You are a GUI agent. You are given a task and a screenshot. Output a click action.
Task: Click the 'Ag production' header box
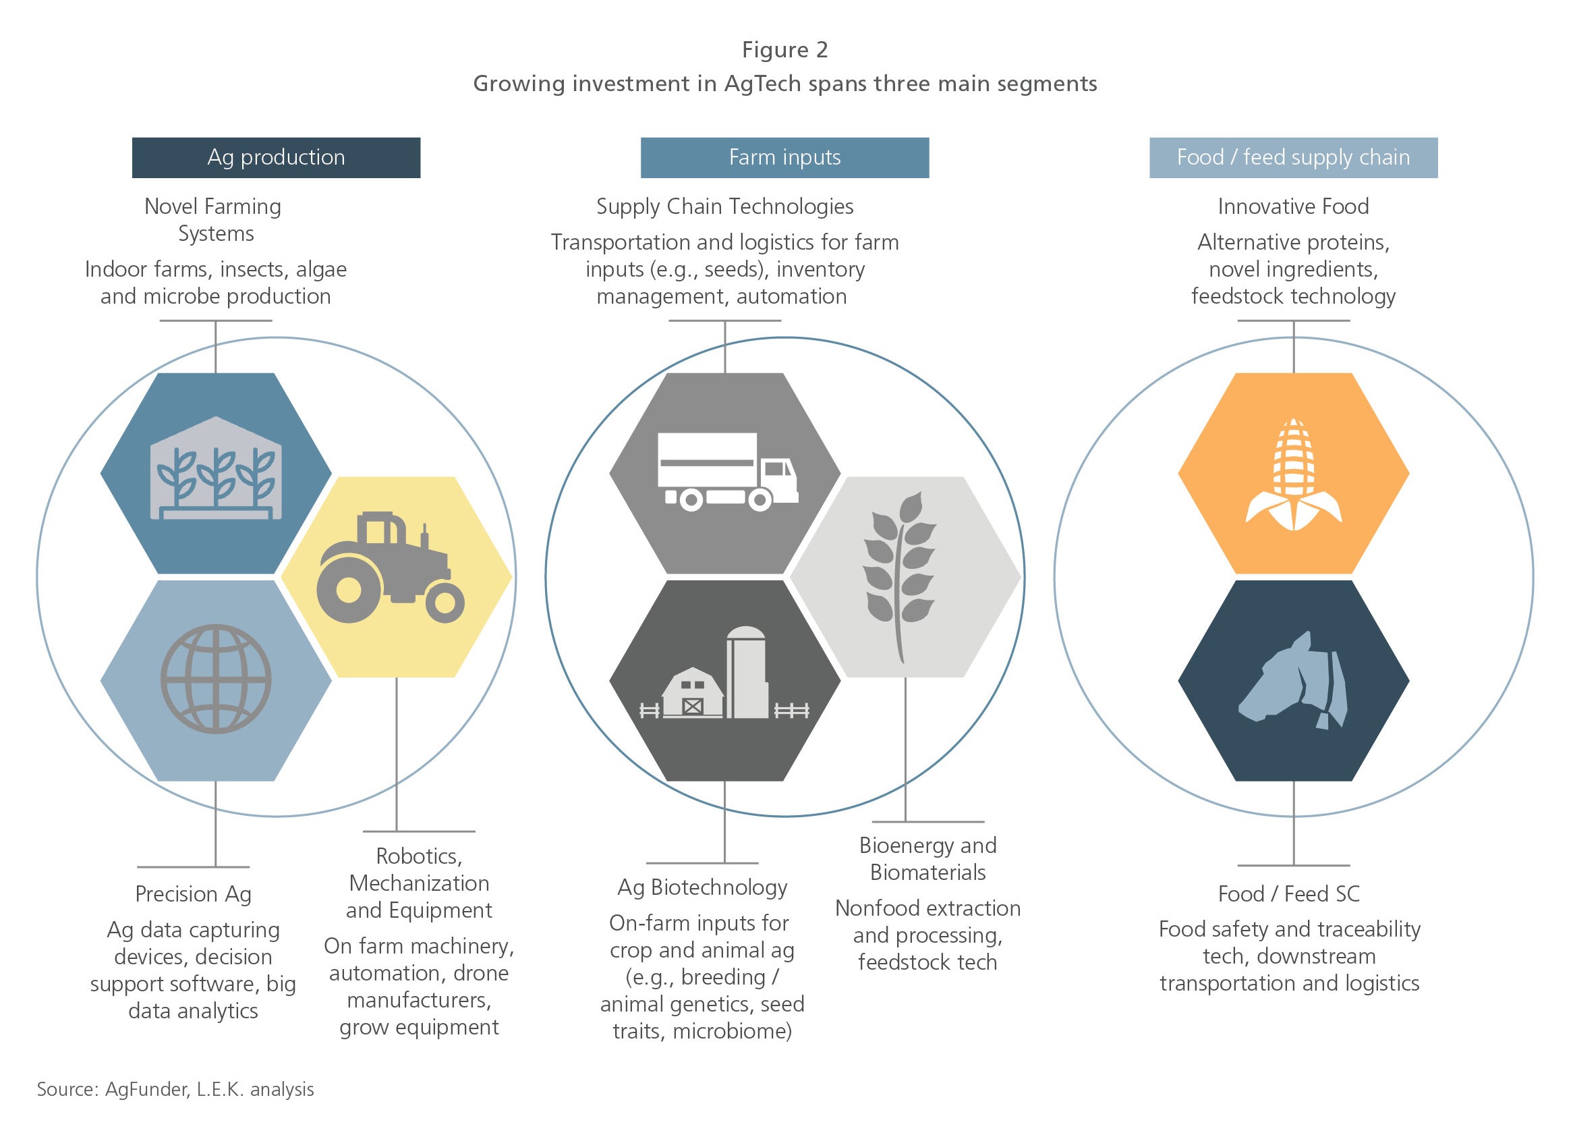click(x=276, y=157)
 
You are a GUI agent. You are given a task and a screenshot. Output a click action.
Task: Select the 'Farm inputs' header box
click(x=784, y=157)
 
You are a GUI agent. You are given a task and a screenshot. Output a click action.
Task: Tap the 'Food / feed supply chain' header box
click(x=1294, y=157)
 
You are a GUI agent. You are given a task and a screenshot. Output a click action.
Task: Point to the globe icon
click(x=216, y=680)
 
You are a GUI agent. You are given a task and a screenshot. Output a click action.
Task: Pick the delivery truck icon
click(x=728, y=472)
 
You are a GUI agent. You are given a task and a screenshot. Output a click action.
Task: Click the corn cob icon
click(x=1294, y=474)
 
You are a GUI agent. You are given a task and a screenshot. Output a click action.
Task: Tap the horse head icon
click(x=1294, y=680)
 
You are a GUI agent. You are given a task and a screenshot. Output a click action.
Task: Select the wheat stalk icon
click(x=900, y=577)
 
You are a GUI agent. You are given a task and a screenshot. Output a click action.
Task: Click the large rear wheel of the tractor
click(x=349, y=590)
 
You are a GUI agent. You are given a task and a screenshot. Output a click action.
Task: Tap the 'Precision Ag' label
click(x=194, y=894)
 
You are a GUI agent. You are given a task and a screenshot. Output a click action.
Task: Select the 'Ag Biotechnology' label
click(x=703, y=887)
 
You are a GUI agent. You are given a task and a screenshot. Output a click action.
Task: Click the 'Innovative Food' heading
click(x=1294, y=206)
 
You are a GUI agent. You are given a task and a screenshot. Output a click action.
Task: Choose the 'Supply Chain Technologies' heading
click(x=724, y=206)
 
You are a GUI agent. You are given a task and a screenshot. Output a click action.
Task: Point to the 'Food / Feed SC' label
click(x=1288, y=893)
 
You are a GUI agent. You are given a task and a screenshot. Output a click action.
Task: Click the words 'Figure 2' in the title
click(x=785, y=50)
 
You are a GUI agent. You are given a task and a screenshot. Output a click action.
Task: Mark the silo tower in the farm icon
click(x=747, y=672)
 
